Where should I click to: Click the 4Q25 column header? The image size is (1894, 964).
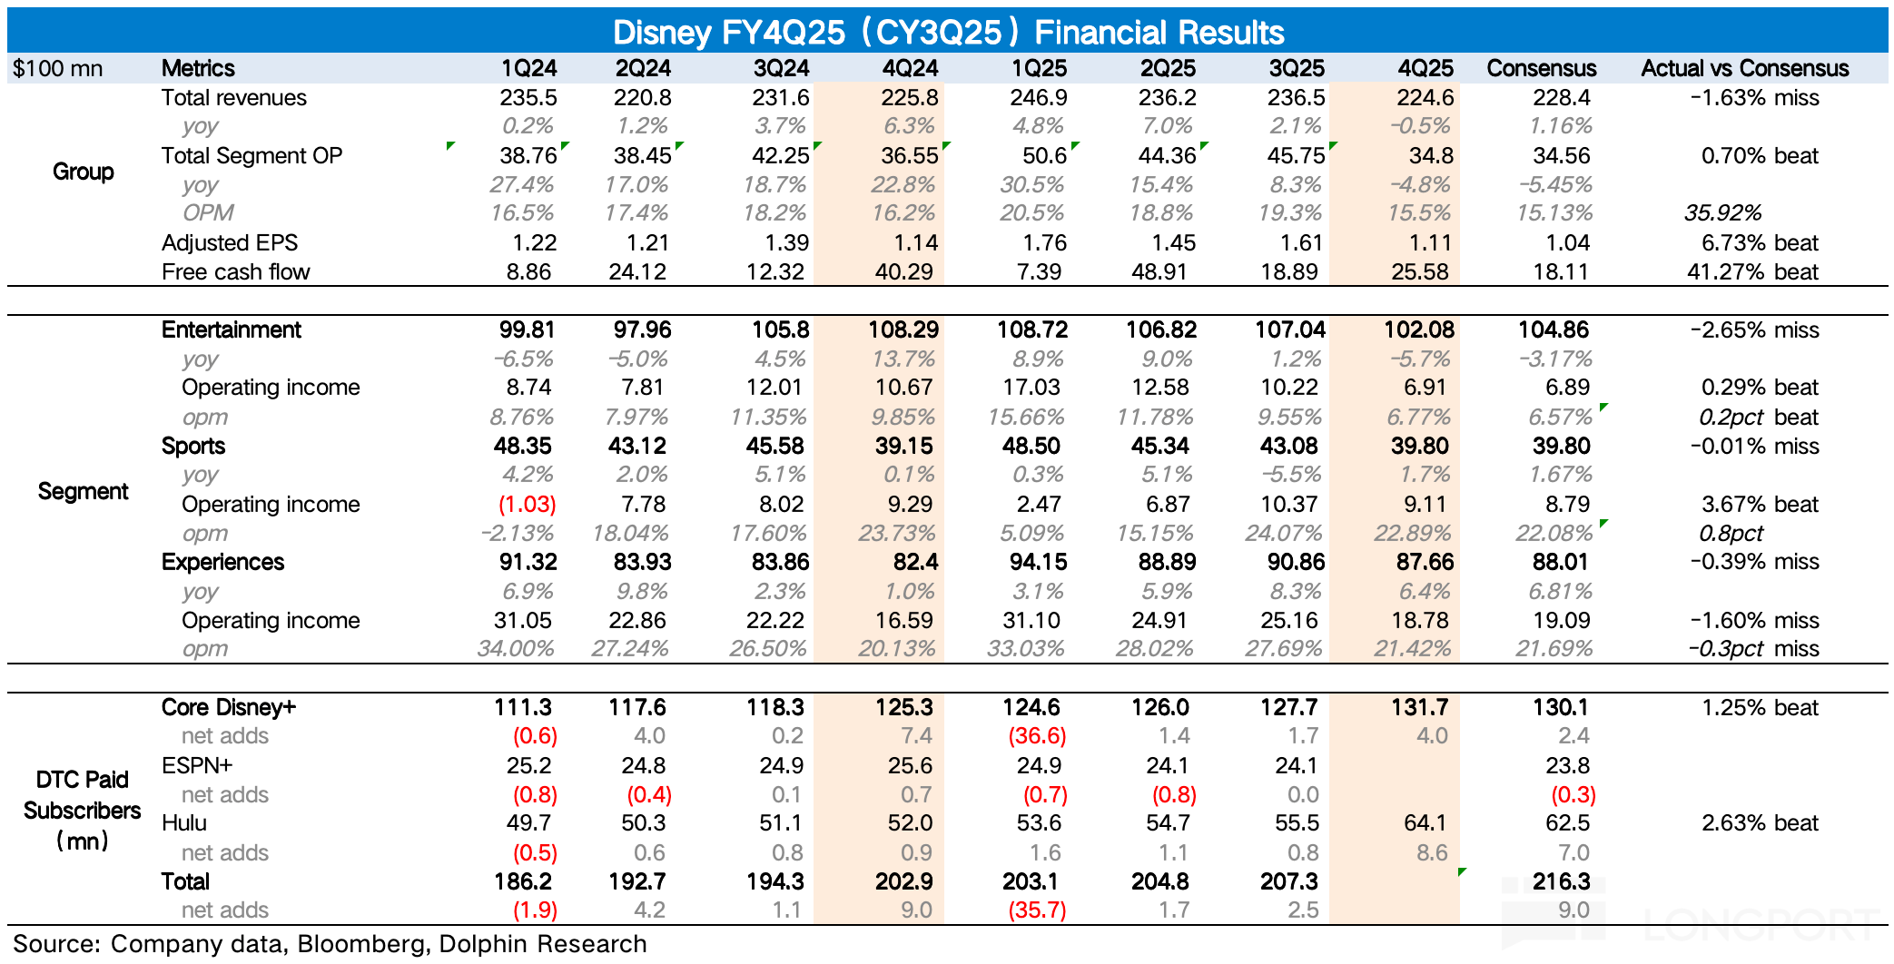(x=1425, y=68)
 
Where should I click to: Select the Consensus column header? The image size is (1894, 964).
(x=1541, y=68)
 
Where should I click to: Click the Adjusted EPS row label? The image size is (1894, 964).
(x=230, y=242)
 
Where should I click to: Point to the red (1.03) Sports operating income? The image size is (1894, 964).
(x=527, y=504)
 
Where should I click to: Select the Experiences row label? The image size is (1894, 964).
(x=222, y=562)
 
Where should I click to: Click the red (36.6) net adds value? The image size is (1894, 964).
(x=1037, y=735)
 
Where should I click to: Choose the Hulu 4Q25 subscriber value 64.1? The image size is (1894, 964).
(x=1425, y=822)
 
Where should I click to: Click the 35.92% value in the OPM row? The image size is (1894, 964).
(x=1722, y=212)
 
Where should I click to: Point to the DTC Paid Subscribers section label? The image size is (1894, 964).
(x=83, y=810)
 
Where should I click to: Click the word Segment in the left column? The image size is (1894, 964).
(x=83, y=491)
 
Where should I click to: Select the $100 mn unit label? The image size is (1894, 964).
(x=58, y=68)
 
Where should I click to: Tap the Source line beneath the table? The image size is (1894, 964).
(x=330, y=944)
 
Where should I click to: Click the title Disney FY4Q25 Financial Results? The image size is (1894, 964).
(x=948, y=32)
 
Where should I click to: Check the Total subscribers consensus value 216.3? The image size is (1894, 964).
(x=1561, y=881)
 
